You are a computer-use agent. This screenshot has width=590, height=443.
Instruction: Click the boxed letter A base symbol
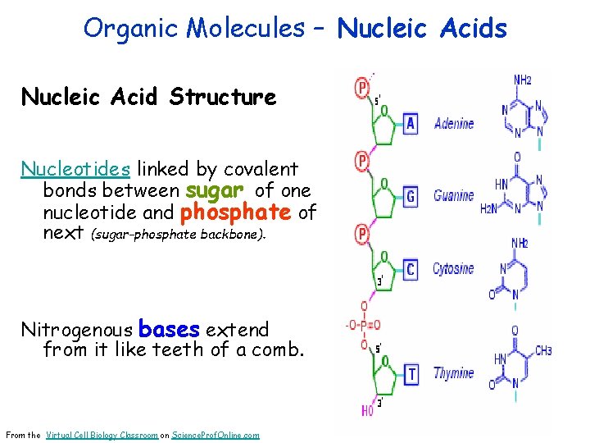[411, 124]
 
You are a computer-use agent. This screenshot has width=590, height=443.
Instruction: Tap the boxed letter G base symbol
[411, 197]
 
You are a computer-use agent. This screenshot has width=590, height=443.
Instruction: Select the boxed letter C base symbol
[411, 269]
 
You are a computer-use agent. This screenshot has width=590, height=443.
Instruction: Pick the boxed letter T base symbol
[412, 374]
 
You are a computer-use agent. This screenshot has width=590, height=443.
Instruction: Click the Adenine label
[454, 124]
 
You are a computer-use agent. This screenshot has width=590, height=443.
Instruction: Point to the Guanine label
[454, 196]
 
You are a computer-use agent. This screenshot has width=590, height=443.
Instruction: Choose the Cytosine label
[453, 269]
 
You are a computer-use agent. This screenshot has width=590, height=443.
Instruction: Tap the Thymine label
[454, 374]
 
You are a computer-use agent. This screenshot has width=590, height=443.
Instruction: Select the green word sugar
[215, 191]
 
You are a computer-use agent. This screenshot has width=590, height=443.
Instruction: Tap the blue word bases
[169, 330]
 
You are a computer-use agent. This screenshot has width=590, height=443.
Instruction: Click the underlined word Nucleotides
[75, 169]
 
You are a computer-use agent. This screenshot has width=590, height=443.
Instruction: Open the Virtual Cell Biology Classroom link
[102, 435]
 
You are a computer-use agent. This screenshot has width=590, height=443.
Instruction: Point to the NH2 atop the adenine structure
[524, 80]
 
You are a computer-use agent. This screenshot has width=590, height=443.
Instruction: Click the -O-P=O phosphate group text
[364, 327]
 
